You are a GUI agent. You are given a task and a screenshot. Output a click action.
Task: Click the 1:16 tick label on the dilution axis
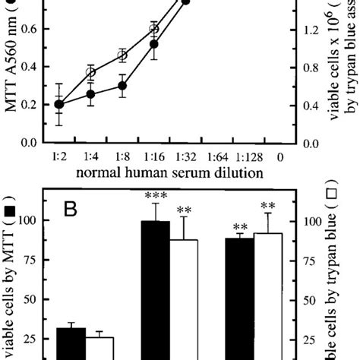154,156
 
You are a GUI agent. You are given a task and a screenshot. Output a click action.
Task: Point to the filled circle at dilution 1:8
122,86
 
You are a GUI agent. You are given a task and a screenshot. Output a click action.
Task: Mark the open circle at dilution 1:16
154,29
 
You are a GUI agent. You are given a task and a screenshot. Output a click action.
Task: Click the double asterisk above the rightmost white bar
267,206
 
